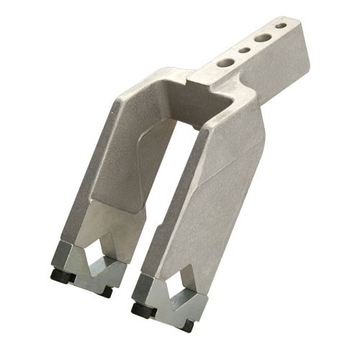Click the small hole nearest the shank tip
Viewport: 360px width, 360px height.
pos(280,27)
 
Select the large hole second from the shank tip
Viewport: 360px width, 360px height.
pos(264,36)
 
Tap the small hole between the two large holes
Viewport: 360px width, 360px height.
pos(246,50)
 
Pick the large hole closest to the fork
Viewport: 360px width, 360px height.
pos(228,63)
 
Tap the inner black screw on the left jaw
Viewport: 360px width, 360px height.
pos(106,292)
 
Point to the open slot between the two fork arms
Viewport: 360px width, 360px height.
pos(162,180)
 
